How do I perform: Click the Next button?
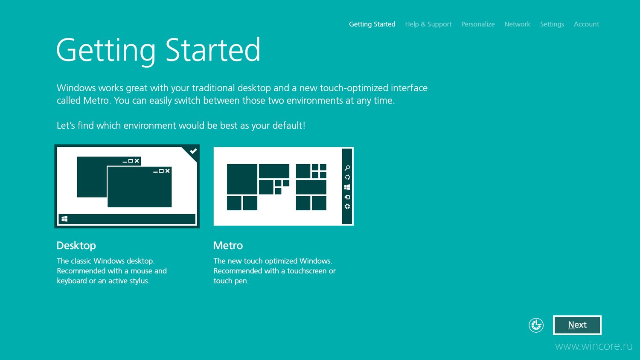pyautogui.click(x=577, y=325)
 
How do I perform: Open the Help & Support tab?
pyautogui.click(x=428, y=24)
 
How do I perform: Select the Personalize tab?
pyautogui.click(x=478, y=24)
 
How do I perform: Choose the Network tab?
pyautogui.click(x=517, y=24)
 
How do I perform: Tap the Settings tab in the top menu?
pyautogui.click(x=552, y=24)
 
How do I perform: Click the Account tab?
pyautogui.click(x=587, y=24)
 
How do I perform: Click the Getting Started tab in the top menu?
pyautogui.click(x=372, y=24)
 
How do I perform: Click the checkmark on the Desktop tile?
pyautogui.click(x=193, y=151)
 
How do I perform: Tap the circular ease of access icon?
pyautogui.click(x=536, y=325)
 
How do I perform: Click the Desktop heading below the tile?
pyautogui.click(x=76, y=246)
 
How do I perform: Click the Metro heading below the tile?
pyautogui.click(x=228, y=245)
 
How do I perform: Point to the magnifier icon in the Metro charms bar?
pyautogui.click(x=347, y=168)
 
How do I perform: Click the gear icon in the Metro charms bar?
pyautogui.click(x=347, y=206)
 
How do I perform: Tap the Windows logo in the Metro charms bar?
pyautogui.click(x=347, y=187)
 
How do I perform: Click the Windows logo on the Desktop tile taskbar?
pyautogui.click(x=64, y=219)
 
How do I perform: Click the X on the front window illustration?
pyautogui.click(x=167, y=171)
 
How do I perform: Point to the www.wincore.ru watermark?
pyautogui.click(x=594, y=346)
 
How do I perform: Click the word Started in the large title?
pyautogui.click(x=213, y=50)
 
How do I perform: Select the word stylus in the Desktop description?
pyautogui.click(x=139, y=281)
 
